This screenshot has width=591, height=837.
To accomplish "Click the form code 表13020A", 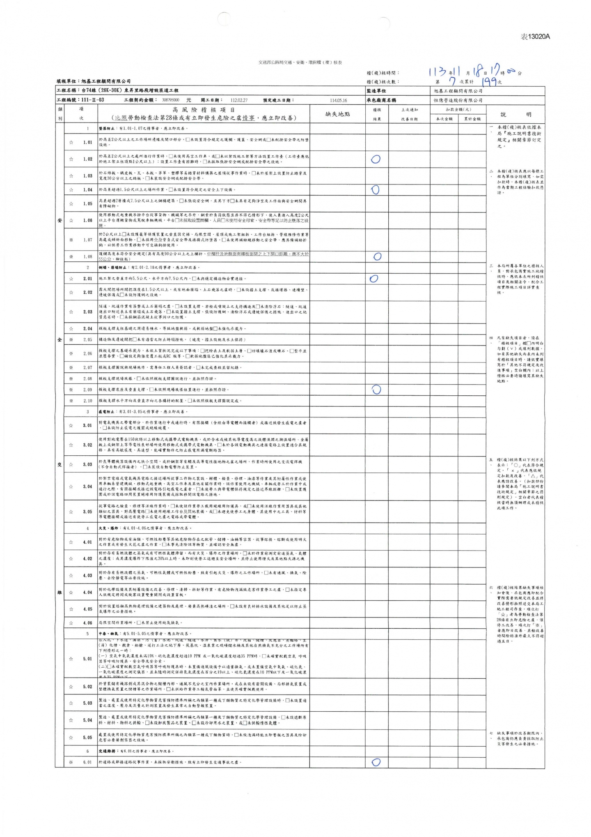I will pos(535,37).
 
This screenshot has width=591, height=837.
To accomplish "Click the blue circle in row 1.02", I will pos(376,159).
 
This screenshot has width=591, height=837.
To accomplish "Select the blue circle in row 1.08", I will pos(377,256).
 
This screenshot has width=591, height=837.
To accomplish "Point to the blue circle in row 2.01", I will pos(373,279).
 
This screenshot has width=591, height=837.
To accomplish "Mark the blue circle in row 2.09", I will pos(376,389).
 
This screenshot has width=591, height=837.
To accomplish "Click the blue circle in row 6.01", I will pos(376,762).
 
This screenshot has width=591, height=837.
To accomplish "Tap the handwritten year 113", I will pos(437,72).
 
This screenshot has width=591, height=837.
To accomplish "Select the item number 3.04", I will pos(87,487).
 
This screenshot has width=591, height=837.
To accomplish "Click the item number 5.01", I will pos(87,659).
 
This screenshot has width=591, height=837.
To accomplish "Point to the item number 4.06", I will pos(87,623).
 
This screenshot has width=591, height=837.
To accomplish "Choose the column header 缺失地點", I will pos(337,114).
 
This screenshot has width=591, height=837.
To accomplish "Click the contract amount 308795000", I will pos(170,100).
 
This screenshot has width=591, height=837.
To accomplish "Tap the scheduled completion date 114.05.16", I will pos(338,100).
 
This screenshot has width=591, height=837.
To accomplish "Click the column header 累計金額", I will pos(472,119).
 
